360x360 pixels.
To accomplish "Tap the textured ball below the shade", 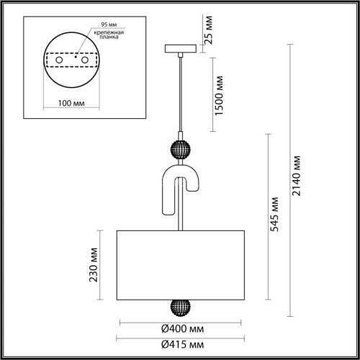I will pyautogui.click(x=179, y=307).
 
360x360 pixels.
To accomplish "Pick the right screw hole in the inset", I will pyautogui.click(x=84, y=63).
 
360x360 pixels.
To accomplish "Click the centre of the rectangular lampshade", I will pyautogui.click(x=179, y=264).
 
